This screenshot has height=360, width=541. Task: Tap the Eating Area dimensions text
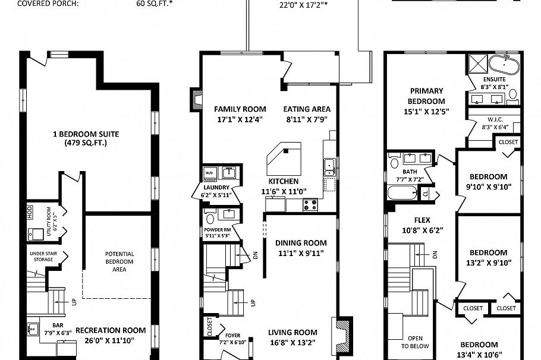(x=306, y=119)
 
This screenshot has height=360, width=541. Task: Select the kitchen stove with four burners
(x=310, y=205)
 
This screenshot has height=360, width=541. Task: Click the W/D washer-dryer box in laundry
(x=210, y=173)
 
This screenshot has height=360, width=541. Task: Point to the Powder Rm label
(x=218, y=230)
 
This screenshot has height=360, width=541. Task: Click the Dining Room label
(x=301, y=243)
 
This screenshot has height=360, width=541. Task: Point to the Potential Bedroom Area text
(x=119, y=261)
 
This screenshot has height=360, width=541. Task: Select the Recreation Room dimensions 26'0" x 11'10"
(x=111, y=340)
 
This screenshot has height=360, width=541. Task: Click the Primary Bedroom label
(x=426, y=96)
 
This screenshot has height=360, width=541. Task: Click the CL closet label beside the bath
(x=426, y=194)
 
